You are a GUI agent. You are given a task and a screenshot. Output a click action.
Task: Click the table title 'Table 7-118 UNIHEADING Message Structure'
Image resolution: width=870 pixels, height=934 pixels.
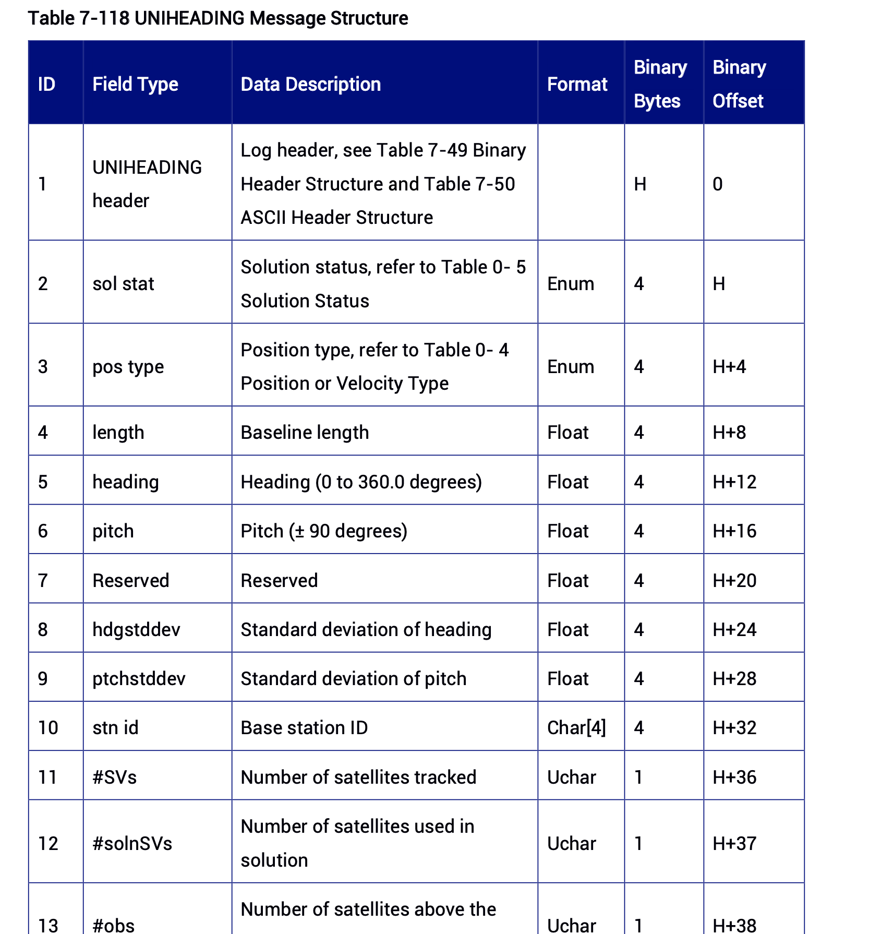(217, 18)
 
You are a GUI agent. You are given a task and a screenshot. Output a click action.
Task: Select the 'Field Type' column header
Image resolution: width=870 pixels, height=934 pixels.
(135, 84)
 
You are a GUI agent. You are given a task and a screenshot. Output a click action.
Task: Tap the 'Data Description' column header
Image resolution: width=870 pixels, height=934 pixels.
(310, 84)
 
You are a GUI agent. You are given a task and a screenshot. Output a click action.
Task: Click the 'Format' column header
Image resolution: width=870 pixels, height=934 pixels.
(577, 84)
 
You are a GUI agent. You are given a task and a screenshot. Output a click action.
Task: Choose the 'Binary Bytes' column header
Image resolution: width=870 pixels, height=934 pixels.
(660, 84)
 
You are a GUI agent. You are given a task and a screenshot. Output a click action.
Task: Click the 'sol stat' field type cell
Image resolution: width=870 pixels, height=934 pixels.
(123, 284)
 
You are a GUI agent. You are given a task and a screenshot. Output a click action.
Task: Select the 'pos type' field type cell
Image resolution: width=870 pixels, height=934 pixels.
(128, 367)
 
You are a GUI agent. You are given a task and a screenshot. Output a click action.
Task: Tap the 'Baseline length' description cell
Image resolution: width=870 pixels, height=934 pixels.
(305, 433)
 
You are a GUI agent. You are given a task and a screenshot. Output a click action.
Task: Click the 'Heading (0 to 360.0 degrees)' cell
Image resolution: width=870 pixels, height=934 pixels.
(361, 482)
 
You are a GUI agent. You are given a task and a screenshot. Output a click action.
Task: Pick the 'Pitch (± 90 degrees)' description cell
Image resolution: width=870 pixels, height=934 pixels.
(324, 531)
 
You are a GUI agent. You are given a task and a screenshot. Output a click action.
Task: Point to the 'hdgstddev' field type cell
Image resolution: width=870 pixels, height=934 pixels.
(136, 630)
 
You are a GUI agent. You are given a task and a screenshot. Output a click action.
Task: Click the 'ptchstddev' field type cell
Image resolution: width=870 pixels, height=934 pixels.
(139, 679)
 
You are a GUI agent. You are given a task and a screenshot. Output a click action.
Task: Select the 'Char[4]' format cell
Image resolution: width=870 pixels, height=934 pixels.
(576, 728)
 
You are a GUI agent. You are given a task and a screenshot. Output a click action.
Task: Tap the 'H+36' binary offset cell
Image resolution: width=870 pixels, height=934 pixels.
(734, 777)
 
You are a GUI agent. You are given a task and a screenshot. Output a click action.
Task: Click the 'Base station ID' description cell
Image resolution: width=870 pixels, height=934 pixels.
(304, 728)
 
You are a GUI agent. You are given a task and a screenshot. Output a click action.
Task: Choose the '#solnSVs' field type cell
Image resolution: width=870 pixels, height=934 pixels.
(132, 844)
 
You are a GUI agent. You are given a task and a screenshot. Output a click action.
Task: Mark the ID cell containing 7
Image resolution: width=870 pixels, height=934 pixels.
(43, 581)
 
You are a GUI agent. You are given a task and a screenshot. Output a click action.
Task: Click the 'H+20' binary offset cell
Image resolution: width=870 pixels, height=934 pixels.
(734, 581)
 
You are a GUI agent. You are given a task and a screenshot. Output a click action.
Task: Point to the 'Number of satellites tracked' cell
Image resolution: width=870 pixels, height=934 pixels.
(358, 777)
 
